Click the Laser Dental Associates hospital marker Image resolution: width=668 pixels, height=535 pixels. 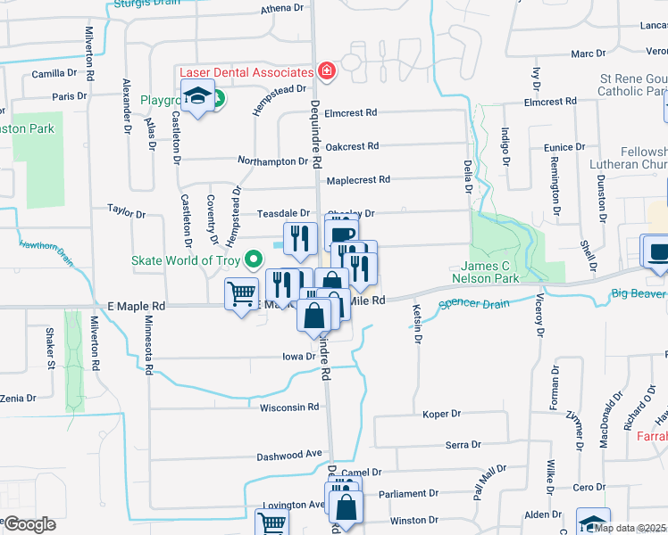(x=327, y=72)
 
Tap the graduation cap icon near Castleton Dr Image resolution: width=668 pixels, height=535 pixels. (x=197, y=95)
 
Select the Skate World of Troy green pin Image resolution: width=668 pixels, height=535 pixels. (x=255, y=260)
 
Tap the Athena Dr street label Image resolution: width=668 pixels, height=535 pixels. (x=282, y=8)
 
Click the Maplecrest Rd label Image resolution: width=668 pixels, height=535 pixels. (x=358, y=179)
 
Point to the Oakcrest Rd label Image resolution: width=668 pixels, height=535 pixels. (x=352, y=145)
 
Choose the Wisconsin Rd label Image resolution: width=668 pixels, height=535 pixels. (x=288, y=407)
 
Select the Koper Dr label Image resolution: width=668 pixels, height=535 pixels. (x=441, y=414)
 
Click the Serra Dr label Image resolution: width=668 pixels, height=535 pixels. (x=463, y=444)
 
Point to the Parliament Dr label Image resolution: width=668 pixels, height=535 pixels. (x=407, y=493)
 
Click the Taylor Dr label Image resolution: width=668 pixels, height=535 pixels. (x=126, y=213)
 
